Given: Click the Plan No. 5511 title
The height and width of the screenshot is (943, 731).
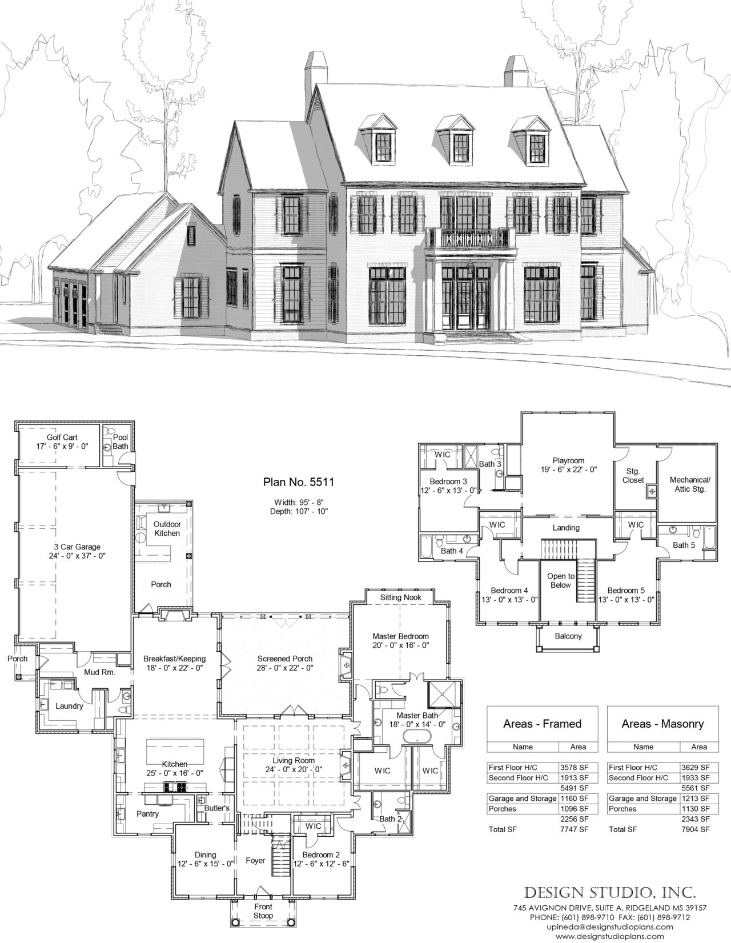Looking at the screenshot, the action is (x=299, y=481).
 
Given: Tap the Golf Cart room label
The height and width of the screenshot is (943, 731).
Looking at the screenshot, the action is (x=62, y=438).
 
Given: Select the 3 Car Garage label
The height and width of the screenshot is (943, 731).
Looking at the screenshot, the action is (x=77, y=547).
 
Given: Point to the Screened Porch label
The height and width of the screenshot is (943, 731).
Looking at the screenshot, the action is (x=284, y=659).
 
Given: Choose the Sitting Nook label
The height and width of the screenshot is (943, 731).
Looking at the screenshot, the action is (x=400, y=597).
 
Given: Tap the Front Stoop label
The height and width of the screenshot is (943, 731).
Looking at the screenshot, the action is (x=263, y=911).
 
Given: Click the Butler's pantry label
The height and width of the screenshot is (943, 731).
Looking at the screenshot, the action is (x=216, y=808).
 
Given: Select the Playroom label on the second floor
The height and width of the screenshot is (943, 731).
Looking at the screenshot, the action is (x=568, y=460).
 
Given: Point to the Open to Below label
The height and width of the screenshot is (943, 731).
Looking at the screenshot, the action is (x=560, y=580).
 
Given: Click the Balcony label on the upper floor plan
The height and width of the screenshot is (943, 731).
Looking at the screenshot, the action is (x=568, y=636).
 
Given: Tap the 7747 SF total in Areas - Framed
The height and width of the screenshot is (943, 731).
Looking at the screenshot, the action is (x=575, y=829).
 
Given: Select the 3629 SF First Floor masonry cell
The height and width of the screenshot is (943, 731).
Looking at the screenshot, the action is (x=696, y=767).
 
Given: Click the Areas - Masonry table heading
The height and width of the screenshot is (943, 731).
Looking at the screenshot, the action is (x=662, y=724).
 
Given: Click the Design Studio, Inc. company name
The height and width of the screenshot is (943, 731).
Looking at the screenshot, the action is (x=610, y=893).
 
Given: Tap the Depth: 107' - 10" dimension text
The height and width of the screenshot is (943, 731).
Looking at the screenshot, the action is (x=299, y=511).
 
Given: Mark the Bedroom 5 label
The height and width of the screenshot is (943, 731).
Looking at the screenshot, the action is (x=625, y=590).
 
